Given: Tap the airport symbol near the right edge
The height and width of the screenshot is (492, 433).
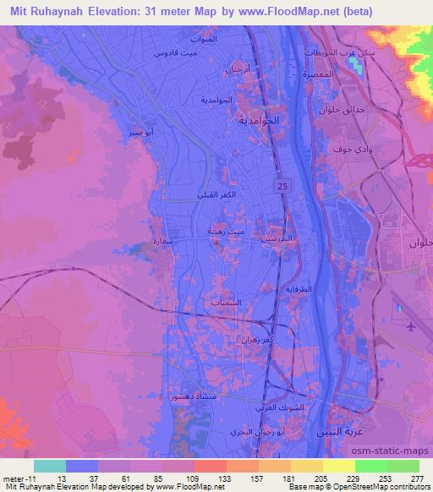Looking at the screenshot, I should tap(412, 326).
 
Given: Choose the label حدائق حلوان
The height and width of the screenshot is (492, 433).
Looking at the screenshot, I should tap(370, 110).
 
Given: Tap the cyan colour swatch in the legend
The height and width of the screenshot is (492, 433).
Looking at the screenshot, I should tap(50, 465).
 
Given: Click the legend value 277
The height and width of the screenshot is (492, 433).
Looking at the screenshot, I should tap(415, 478).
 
